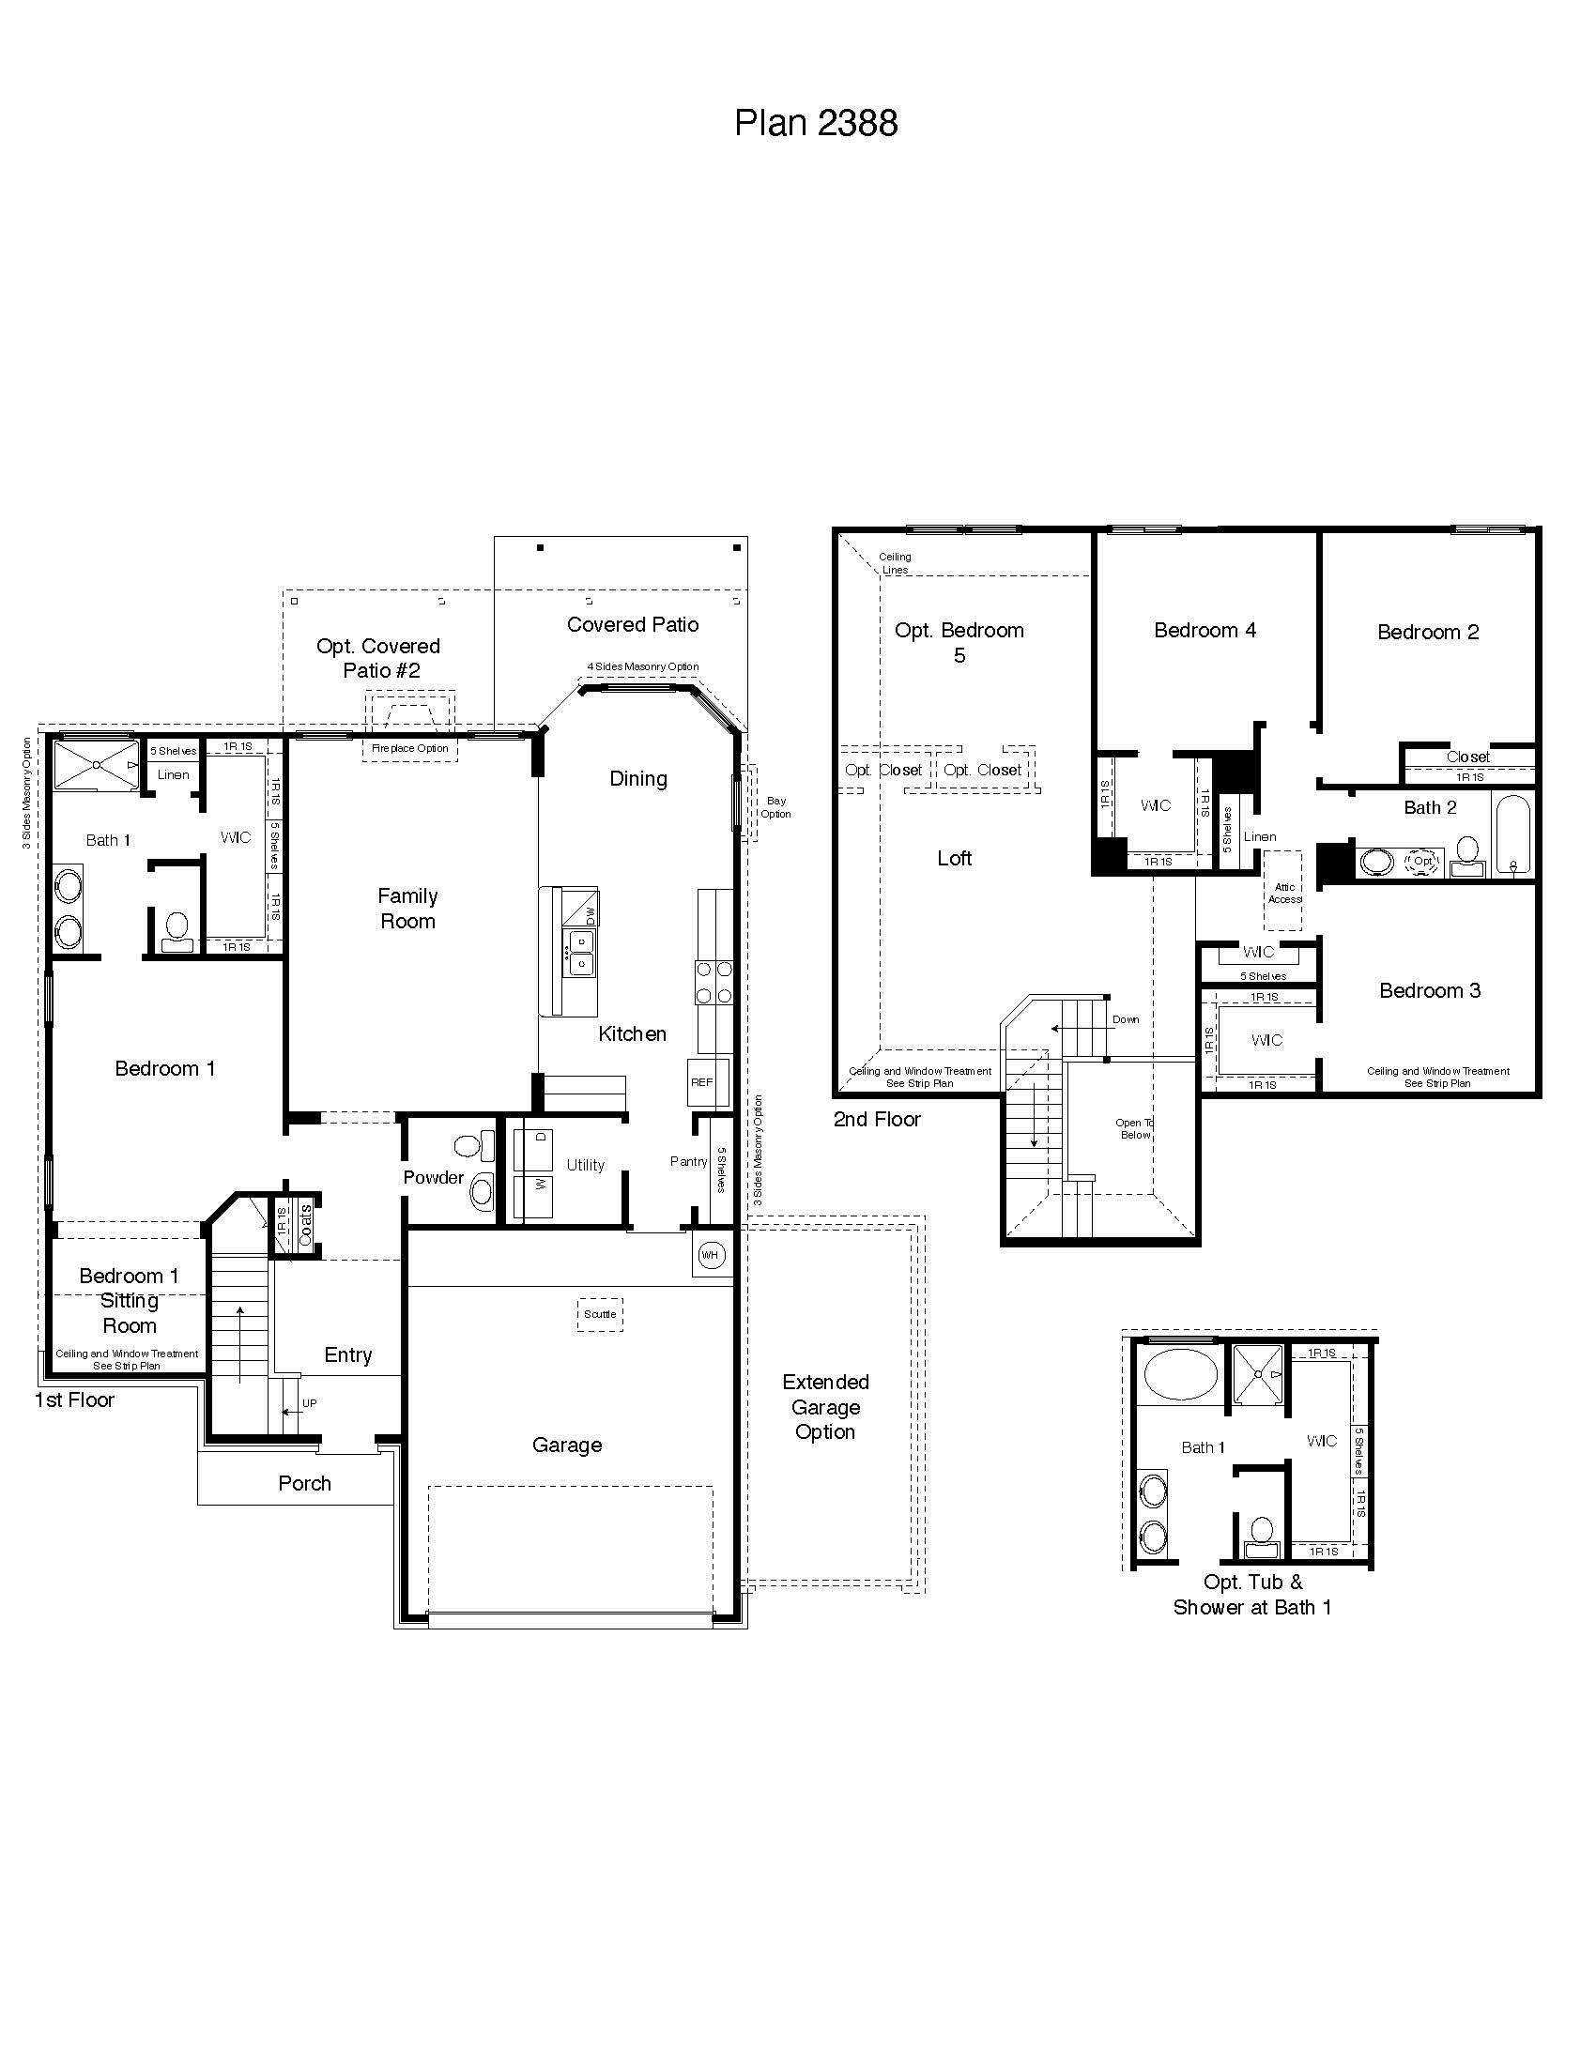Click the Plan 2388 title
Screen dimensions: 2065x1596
pos(816,123)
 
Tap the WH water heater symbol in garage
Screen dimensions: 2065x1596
pos(709,1255)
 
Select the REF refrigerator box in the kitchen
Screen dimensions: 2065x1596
pos(701,1082)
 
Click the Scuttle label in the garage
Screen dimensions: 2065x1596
pos(600,1314)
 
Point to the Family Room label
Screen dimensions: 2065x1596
pos(407,908)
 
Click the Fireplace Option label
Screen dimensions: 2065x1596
pos(409,748)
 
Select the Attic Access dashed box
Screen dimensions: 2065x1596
pos(1283,892)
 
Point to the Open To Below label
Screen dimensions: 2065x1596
pos(1134,1129)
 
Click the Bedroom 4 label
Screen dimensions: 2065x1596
pos(1205,631)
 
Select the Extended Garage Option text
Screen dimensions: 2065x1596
pos(825,1407)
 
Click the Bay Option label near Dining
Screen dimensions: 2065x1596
pos(775,806)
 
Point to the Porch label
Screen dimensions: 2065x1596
pos(304,1483)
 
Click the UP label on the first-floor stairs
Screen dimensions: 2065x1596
pos(309,1403)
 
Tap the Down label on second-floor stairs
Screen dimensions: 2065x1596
pos(1125,1019)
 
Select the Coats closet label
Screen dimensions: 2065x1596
pos(305,1224)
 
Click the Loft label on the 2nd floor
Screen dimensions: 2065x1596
pos(954,859)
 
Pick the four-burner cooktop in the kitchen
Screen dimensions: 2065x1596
pos(714,982)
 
